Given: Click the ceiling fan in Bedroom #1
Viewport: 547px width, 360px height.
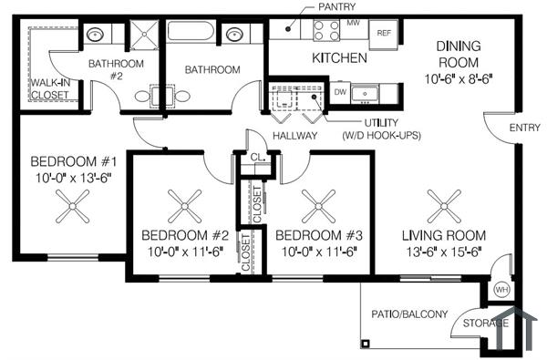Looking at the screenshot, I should coord(73,210).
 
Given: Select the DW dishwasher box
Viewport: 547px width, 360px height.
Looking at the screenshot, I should coord(340,92).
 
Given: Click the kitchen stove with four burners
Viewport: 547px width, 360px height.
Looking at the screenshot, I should coord(326,31).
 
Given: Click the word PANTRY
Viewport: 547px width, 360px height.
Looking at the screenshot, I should coord(336,7).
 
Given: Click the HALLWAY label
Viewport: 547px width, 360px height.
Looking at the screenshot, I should coord(295,136).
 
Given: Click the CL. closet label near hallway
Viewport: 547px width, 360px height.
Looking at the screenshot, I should coord(256,157).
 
